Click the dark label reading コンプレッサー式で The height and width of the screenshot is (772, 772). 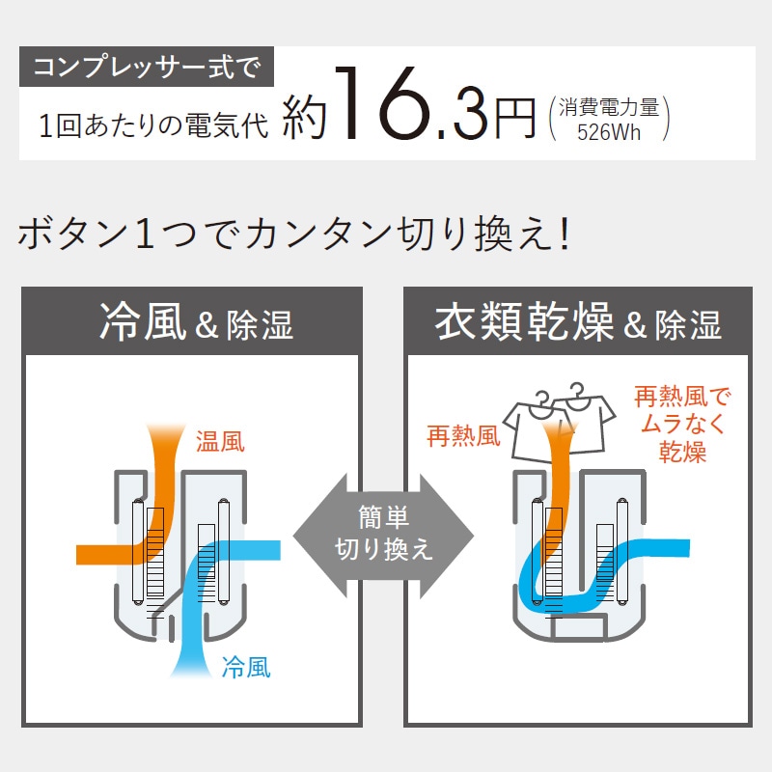[147, 67]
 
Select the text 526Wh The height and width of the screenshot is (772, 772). [609, 132]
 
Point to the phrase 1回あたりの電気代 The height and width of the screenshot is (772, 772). [153, 125]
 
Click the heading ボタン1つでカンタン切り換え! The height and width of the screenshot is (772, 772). [294, 234]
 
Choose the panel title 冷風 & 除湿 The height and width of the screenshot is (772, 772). [197, 322]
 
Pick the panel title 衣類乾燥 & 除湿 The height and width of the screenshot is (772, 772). [578, 322]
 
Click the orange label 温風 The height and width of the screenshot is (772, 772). [220, 441]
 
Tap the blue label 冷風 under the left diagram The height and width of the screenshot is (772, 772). [246, 668]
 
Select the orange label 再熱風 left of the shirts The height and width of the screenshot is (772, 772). [463, 436]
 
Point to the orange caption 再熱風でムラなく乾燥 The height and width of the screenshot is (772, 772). [682, 424]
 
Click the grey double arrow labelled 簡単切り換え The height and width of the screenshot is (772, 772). [383, 537]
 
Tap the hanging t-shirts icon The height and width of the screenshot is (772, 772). [559, 423]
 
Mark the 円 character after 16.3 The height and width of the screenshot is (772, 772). [514, 118]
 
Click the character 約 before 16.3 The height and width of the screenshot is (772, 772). [305, 117]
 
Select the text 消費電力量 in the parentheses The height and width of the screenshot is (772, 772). [609, 107]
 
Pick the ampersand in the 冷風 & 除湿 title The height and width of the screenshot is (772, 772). [207, 325]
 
